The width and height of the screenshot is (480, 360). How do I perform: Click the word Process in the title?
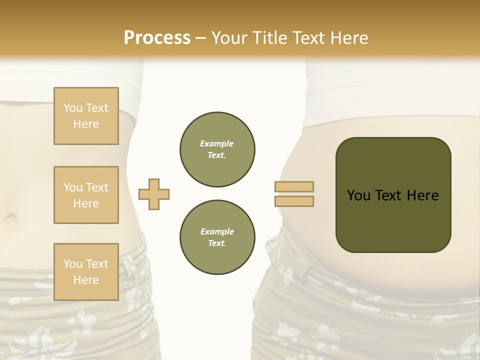click(157, 38)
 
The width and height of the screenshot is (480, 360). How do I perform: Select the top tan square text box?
click(86, 116)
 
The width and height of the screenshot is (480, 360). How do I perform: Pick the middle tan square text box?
click(86, 195)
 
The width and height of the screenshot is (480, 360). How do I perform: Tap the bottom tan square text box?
click(86, 272)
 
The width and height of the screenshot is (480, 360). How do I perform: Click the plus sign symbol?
click(154, 194)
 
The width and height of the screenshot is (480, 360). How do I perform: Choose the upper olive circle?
click(217, 149)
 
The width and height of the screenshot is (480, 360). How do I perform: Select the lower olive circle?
click(217, 237)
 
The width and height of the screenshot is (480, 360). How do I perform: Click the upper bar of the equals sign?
click(294, 186)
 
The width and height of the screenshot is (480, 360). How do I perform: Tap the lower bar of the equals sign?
click(294, 201)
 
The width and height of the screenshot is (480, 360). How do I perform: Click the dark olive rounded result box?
click(393, 195)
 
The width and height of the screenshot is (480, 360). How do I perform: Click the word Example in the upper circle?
click(217, 143)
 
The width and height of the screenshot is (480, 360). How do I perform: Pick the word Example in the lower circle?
click(217, 231)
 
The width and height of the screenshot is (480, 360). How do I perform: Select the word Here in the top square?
click(86, 124)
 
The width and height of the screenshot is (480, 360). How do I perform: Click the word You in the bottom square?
click(72, 264)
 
